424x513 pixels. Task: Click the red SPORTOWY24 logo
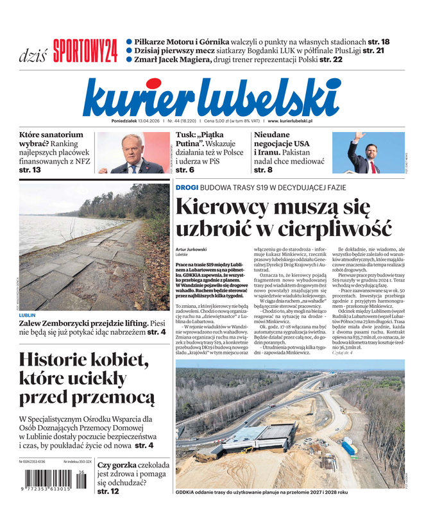[85, 51]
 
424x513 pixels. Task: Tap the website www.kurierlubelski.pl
[290, 121]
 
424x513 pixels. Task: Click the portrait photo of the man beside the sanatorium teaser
[130, 153]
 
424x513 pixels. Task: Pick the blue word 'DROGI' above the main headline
[187, 187]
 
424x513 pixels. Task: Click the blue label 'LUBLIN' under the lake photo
[28, 315]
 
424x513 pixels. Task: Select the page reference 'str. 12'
[108, 491]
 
